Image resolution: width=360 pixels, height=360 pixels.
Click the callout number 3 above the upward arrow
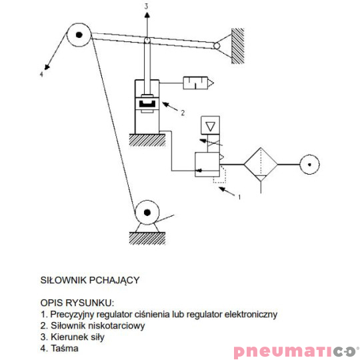[x=146, y=6]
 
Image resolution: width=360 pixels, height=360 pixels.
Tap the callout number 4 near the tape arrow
[x=41, y=74]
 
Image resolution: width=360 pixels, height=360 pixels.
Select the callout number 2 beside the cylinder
[x=183, y=113]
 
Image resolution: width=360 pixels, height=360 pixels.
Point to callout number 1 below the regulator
[x=239, y=197]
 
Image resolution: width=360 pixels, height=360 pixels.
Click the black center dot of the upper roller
[x=79, y=35]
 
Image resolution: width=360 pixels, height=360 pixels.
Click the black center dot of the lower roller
[x=147, y=213]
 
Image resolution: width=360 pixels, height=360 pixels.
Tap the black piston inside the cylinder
[x=147, y=104]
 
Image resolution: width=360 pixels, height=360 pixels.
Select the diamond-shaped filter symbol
[x=261, y=165]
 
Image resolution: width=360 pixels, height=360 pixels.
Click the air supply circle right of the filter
[x=309, y=165]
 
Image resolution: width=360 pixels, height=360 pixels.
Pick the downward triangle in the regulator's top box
[x=210, y=126]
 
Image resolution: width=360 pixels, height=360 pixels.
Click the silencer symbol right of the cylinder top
[x=199, y=83]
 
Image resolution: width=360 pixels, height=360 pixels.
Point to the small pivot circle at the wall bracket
[x=217, y=46]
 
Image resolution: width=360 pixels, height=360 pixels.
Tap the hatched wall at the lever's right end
[x=237, y=46]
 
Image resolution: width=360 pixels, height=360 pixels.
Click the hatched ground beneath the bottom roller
[x=147, y=238]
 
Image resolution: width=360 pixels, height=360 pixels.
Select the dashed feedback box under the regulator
[x=220, y=175]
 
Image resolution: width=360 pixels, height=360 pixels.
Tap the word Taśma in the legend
[x=65, y=348]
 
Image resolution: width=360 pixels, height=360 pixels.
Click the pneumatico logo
[x=297, y=351]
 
